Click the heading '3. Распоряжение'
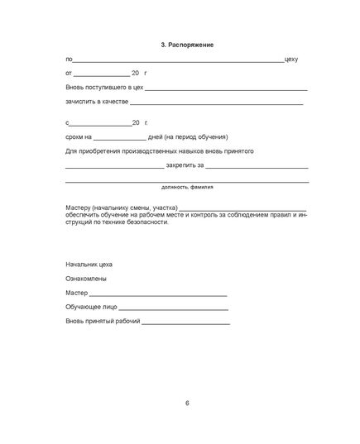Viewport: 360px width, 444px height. [187, 43]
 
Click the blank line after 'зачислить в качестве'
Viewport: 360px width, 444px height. [217, 103]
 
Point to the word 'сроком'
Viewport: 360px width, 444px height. [74, 136]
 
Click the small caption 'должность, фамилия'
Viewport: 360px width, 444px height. [187, 187]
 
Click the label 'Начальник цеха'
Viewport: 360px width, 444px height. [89, 264]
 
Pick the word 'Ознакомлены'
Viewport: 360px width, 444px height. [84, 279]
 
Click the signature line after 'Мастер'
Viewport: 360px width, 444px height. [156, 294]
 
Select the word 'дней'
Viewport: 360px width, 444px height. [155, 136]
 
